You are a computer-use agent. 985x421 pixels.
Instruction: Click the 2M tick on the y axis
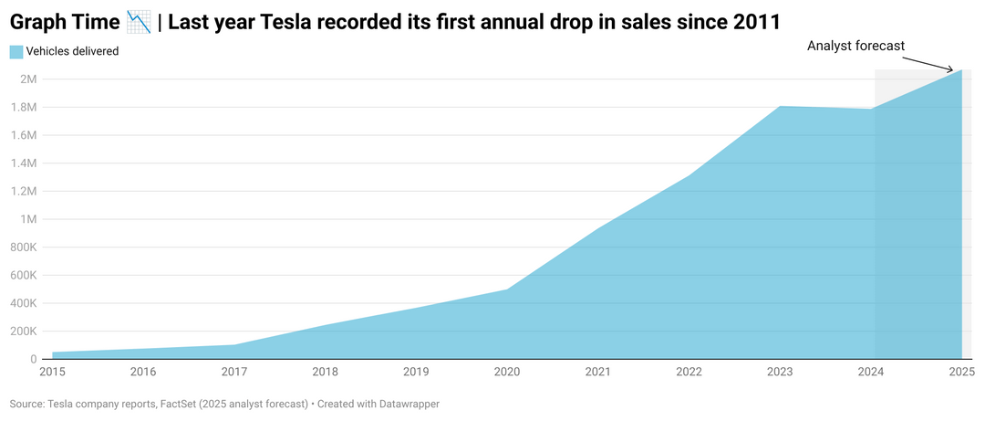point(26,79)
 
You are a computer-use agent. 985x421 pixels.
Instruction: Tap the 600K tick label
point(22,275)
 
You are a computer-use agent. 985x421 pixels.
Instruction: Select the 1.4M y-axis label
point(22,163)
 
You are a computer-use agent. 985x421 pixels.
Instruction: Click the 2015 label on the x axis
point(52,372)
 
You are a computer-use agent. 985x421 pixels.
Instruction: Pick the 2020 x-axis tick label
point(507,372)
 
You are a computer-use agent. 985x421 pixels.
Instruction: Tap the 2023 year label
point(780,372)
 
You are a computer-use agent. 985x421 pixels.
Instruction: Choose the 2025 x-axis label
point(961,372)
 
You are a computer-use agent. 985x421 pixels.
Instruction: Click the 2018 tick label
point(326,372)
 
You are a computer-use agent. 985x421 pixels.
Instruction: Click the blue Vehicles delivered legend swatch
point(16,52)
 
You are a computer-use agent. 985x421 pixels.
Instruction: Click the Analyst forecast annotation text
point(855,46)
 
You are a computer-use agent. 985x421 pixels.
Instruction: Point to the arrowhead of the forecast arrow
point(959,69)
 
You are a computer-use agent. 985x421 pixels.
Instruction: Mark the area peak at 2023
point(780,107)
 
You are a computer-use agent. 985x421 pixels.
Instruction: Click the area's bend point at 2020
point(507,289)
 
